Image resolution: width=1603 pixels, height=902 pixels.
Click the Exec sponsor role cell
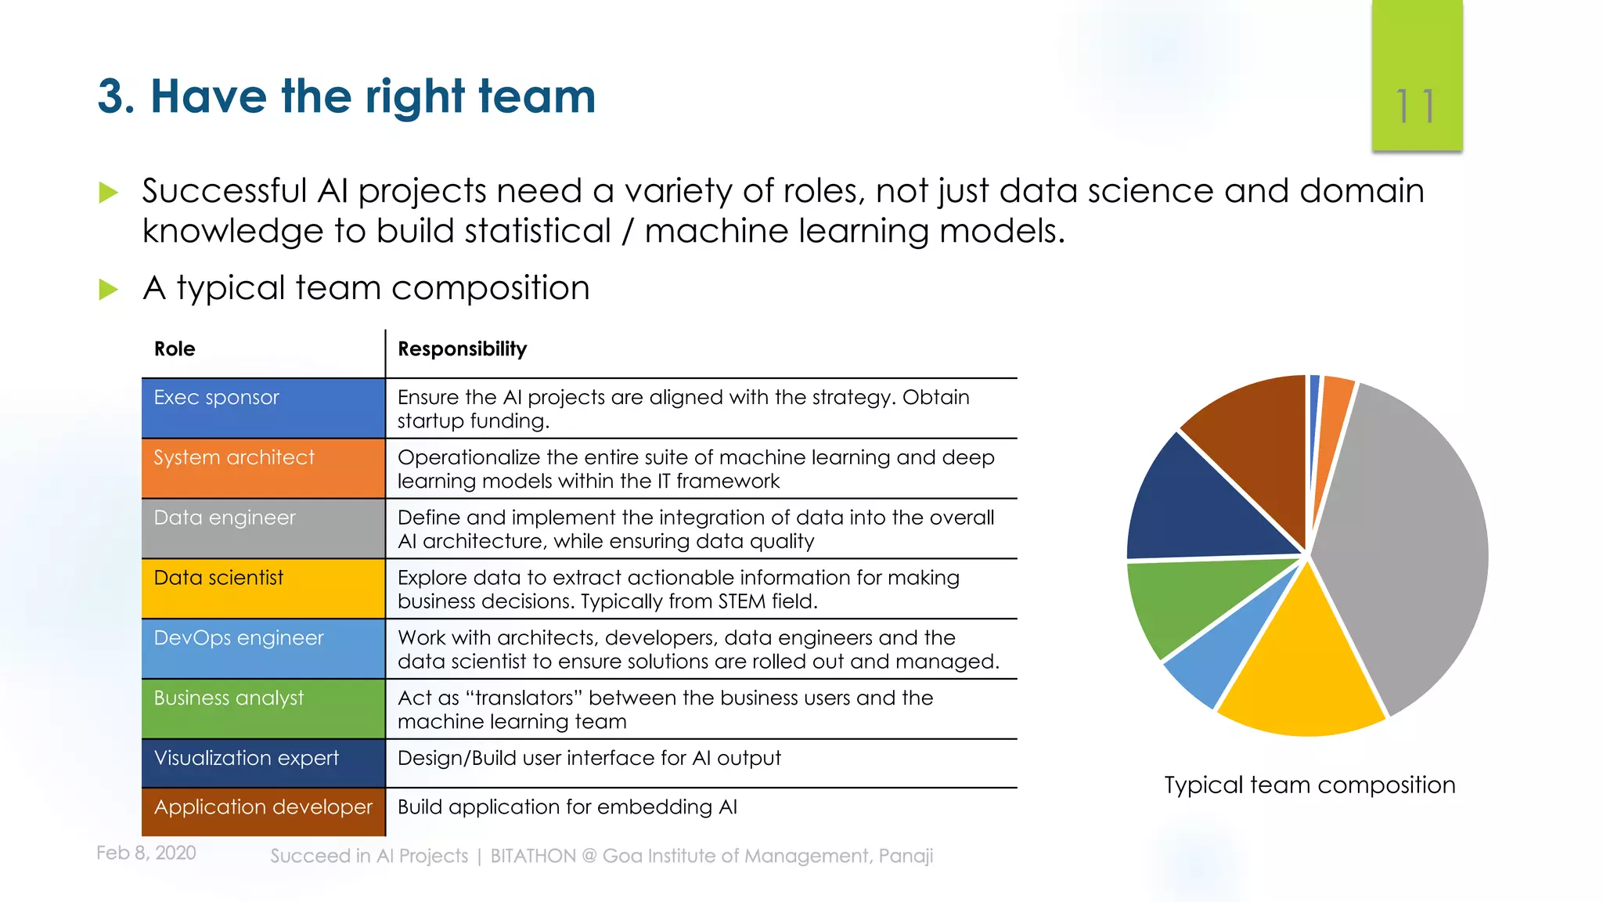pos(263,408)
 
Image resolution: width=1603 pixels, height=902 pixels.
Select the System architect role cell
pos(263,468)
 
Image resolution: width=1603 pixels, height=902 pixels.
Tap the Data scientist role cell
pos(263,588)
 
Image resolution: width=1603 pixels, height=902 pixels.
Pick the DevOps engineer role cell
pos(263,648)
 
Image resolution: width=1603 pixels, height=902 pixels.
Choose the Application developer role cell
pos(263,811)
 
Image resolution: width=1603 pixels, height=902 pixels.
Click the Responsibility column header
pos(462,349)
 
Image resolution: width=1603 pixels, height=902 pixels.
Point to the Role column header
pos(175,349)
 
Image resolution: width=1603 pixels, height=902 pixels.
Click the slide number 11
pos(1416,106)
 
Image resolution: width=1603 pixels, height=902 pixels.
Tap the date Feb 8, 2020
pos(146,853)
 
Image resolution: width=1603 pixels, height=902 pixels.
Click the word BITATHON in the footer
pos(532,856)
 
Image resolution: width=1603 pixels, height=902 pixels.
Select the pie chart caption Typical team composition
pos(1309,785)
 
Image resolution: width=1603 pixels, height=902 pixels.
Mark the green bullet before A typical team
pos(108,290)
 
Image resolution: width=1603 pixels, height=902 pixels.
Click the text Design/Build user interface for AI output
pos(589,758)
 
